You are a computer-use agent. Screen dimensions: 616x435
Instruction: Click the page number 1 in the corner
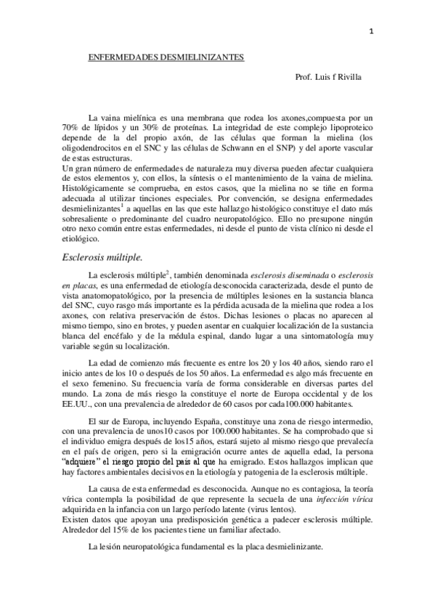coord(371,31)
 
